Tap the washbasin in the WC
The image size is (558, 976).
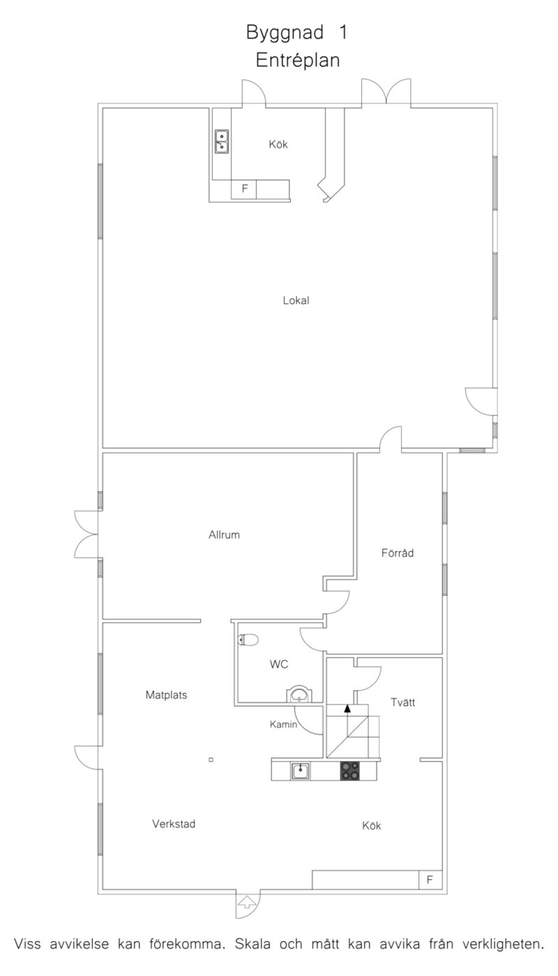298,695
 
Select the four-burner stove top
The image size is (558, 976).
350,771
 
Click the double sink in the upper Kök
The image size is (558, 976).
221,142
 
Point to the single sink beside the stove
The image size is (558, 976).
300,771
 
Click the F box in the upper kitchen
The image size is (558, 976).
244,189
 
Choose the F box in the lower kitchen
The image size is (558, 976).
430,879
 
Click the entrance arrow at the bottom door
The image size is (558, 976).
247,902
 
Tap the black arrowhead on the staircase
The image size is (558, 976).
347,708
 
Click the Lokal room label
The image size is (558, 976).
296,300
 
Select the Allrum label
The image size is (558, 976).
224,534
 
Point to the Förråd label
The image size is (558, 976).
397,553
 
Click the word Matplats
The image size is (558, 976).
166,695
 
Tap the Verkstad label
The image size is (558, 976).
174,824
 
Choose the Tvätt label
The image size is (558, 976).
402,703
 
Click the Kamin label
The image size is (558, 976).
283,724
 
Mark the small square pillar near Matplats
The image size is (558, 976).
211,760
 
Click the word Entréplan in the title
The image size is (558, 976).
298,60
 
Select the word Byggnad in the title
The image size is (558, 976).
285,33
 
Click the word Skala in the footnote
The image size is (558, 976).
252,944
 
